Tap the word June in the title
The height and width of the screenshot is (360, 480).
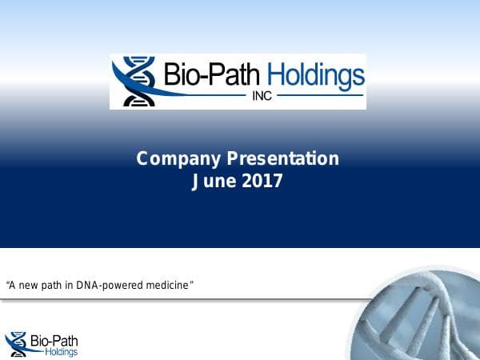pos(214,182)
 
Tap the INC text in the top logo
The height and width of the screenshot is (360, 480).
pos(265,96)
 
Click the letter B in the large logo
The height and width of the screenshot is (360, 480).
pos(173,76)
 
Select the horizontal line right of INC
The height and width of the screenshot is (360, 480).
pos(320,96)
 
